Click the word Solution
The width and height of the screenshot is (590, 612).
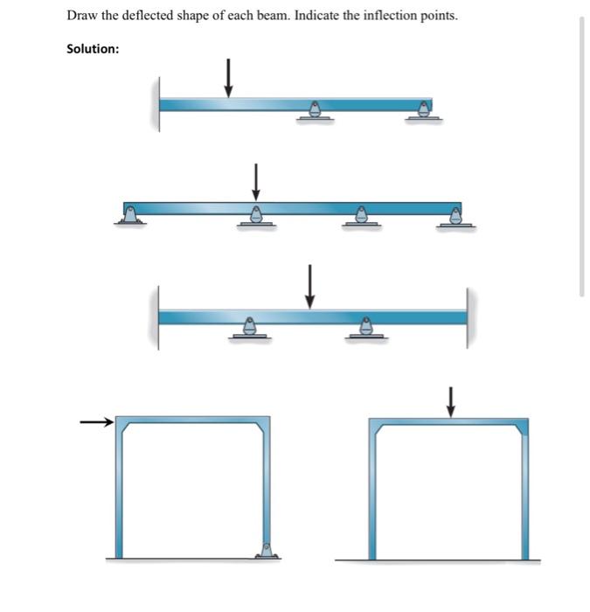93,49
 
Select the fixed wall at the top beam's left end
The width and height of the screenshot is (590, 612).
159,104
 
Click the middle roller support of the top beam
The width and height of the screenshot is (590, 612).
315,110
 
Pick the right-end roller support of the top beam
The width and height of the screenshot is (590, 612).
424,110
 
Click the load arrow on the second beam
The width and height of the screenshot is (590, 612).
255,181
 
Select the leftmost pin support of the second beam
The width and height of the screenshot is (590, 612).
130,214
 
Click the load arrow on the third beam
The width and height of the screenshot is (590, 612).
309,287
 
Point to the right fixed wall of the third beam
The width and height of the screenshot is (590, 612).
467,316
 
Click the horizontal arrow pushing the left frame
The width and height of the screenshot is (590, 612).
97,423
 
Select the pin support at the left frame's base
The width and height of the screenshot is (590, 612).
267,551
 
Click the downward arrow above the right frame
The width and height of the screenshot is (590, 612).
450,402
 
